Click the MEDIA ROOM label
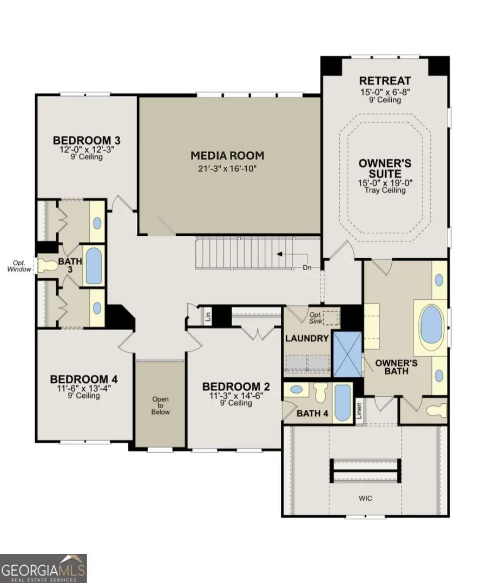point(227,156)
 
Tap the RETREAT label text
point(386,81)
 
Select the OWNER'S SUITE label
point(385,168)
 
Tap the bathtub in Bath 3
point(94,266)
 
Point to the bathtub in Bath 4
point(342,403)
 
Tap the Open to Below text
point(160,405)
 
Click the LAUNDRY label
point(307,338)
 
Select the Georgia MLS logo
point(43,568)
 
